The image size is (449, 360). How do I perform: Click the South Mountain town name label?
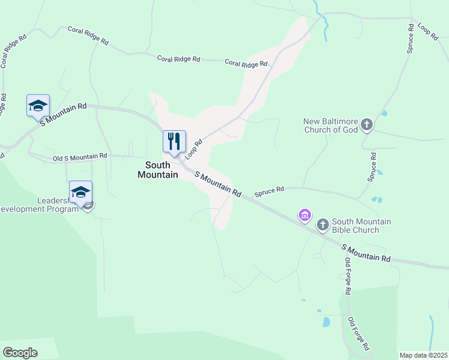click(158, 170)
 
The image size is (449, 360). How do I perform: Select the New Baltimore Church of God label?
click(331, 125)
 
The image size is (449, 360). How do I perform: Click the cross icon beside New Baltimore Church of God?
click(367, 125)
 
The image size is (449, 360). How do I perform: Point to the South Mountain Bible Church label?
click(361, 226)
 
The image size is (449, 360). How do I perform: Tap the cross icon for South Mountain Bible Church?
click(322, 224)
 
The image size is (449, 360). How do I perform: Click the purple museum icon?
click(304, 214)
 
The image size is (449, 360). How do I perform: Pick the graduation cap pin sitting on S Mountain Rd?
click(38, 106)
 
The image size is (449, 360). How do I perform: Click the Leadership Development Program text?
click(41, 205)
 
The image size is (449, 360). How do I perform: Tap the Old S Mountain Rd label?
click(80, 157)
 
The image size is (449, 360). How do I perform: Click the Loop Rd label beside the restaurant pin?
click(191, 149)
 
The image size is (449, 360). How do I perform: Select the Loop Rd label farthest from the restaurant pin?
click(427, 32)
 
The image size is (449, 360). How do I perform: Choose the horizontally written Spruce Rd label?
click(269, 192)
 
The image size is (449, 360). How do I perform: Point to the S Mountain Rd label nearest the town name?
click(217, 185)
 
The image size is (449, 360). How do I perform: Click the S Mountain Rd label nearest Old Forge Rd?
click(366, 253)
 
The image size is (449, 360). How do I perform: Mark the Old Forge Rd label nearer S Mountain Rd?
click(347, 275)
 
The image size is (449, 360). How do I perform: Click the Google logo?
click(20, 353)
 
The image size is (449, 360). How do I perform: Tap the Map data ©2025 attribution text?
click(423, 355)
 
